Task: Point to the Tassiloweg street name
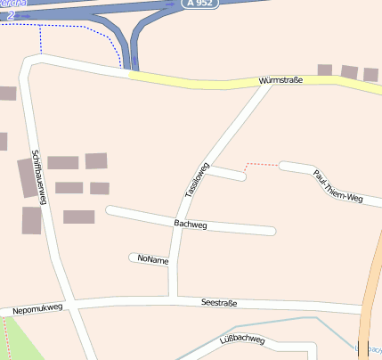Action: click(x=196, y=179)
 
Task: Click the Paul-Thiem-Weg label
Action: click(x=338, y=185)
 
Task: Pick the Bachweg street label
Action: click(x=191, y=225)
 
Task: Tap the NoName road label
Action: click(x=152, y=258)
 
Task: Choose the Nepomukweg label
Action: click(x=37, y=308)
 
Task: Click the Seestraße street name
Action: click(x=219, y=303)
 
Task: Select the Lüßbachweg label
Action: click(x=241, y=340)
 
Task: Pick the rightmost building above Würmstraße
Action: click(x=370, y=74)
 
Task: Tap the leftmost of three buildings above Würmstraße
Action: click(x=324, y=70)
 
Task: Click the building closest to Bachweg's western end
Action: click(x=78, y=217)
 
